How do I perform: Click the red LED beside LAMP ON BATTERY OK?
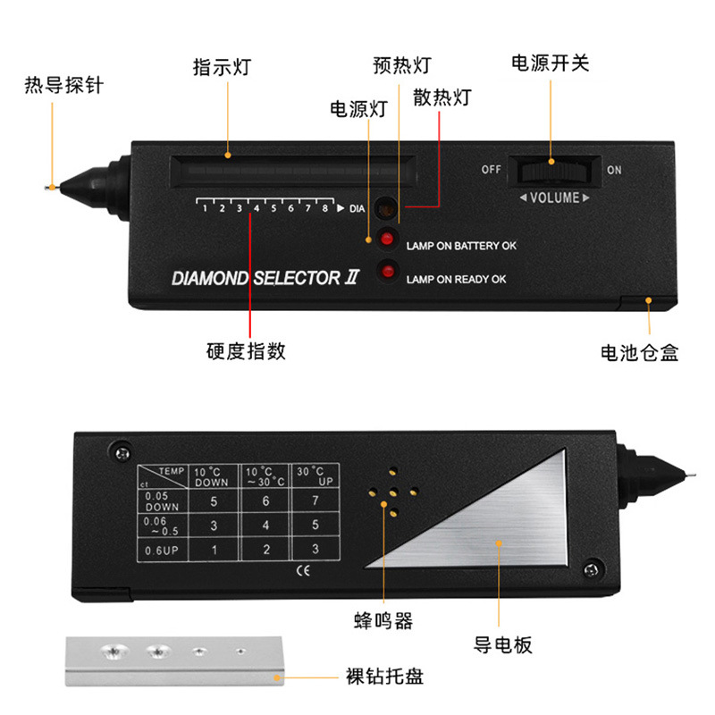(x=388, y=239)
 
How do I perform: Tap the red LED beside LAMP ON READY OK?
(x=388, y=271)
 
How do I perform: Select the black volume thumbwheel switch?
(x=551, y=170)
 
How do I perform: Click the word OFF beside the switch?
(x=491, y=170)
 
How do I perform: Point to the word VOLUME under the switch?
(x=554, y=198)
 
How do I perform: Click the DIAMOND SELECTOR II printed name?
(x=265, y=278)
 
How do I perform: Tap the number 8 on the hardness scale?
(x=324, y=208)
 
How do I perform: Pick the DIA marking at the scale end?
(x=357, y=209)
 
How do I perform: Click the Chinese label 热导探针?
(x=63, y=86)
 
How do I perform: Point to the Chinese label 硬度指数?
(x=246, y=350)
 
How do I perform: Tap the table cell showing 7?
(x=315, y=501)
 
